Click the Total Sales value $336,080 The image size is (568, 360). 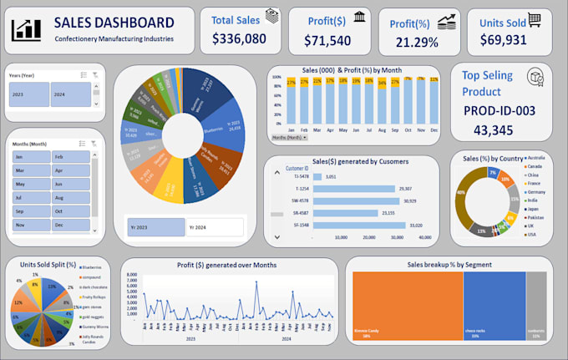coord(239,38)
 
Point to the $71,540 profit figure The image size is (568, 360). coord(327,40)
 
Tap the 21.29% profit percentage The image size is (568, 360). coord(416,43)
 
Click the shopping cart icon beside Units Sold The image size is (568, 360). coord(534,19)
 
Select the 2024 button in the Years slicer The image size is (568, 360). coord(70,94)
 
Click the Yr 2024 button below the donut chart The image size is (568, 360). coord(214,227)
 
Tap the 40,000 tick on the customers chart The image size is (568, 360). coord(424,237)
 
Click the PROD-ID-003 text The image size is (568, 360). coord(500,112)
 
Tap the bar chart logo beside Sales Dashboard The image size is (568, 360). coord(27,29)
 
